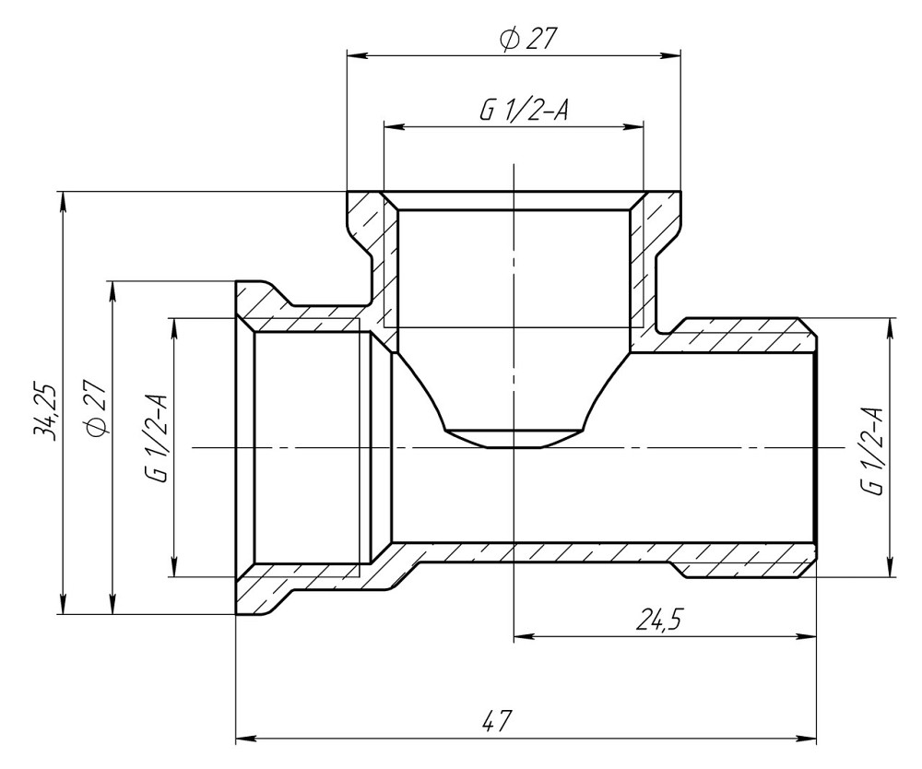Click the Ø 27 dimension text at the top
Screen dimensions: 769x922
[x=529, y=39]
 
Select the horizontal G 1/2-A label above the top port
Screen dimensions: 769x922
[x=523, y=111]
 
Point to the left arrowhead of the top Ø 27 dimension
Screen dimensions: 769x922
[x=353, y=55]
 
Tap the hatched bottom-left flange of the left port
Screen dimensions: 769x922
[x=267, y=594]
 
